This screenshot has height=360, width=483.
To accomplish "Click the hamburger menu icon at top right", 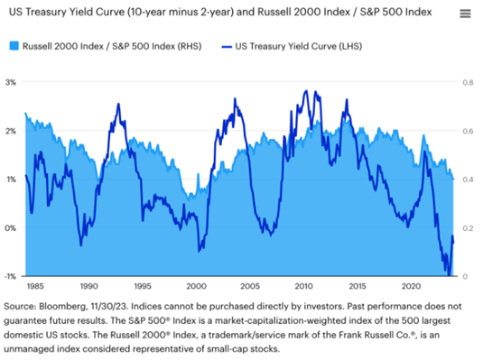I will (x=464, y=14).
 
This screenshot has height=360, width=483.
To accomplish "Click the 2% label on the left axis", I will (x=11, y=131).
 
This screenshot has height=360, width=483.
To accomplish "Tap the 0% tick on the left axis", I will (x=11, y=228).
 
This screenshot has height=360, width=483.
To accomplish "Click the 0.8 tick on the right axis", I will (x=469, y=82).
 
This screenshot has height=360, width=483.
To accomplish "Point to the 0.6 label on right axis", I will (x=469, y=131).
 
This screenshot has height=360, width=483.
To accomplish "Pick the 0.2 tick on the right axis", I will (x=469, y=228).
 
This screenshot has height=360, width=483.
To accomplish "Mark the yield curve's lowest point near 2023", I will (x=447, y=273).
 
